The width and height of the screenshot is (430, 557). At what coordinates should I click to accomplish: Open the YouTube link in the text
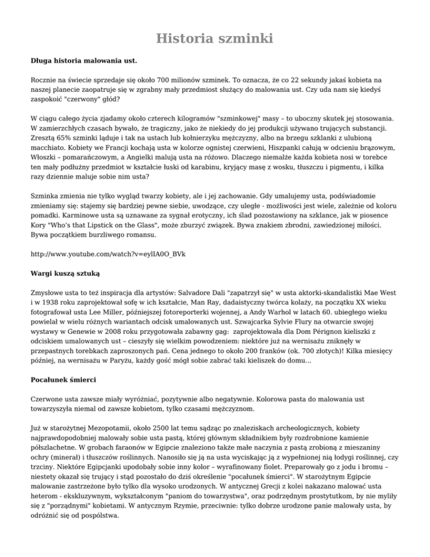click(108, 238)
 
